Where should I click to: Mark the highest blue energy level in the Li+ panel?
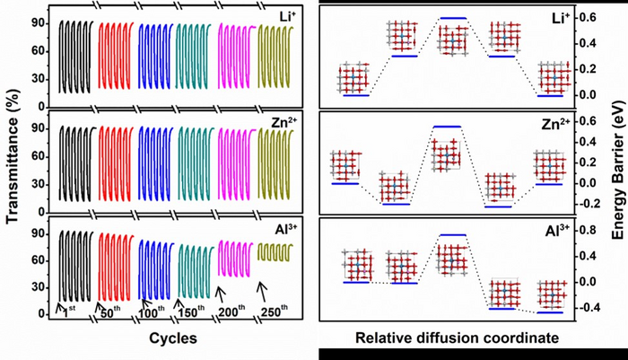[452, 18]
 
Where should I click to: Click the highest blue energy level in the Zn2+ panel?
[447, 127]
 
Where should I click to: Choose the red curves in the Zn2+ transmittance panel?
[115, 162]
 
